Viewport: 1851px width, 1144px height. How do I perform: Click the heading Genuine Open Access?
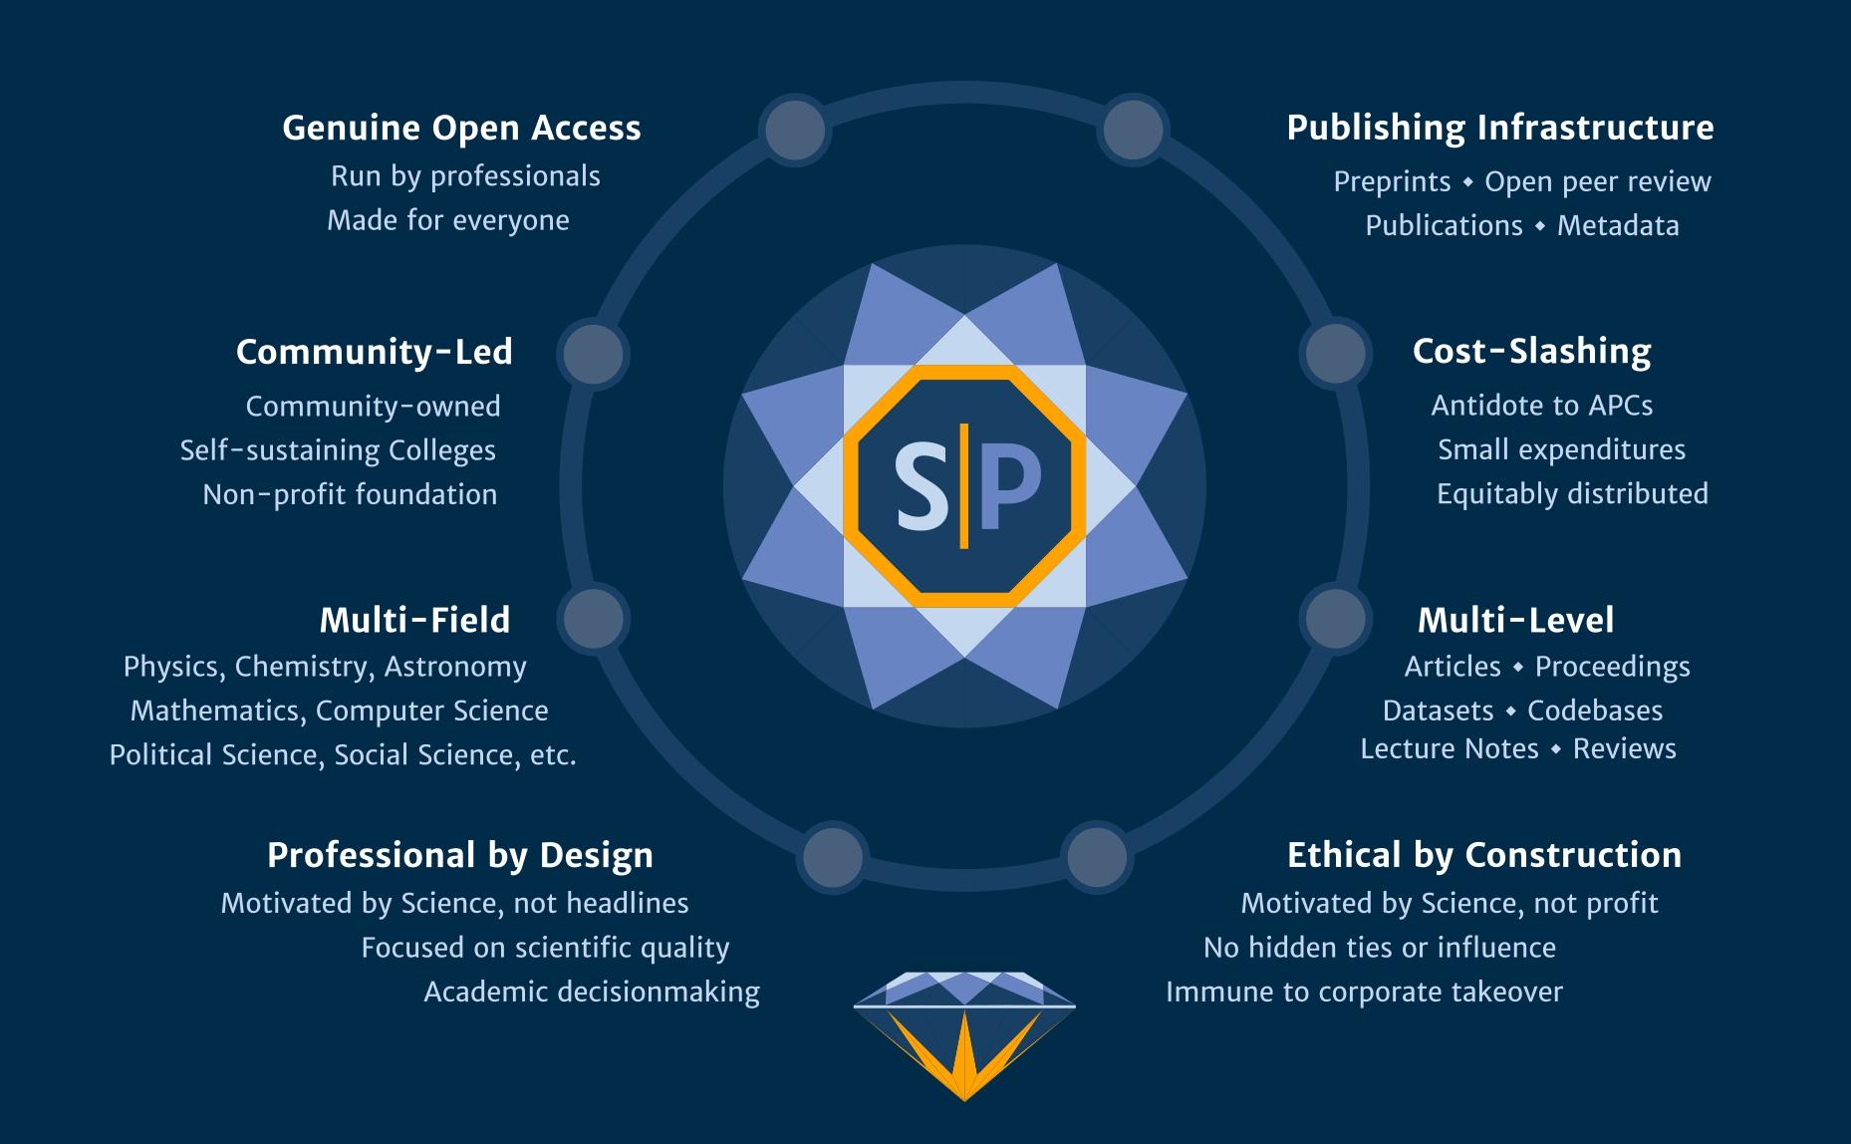tap(461, 129)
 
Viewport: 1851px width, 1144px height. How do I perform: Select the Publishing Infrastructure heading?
tap(1499, 128)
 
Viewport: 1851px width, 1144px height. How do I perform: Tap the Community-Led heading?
tap(374, 352)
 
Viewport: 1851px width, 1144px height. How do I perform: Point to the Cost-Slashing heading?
tap(1531, 352)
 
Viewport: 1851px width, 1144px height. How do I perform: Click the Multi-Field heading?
tap(414, 620)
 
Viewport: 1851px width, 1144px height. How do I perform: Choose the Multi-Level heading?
tap(1515, 620)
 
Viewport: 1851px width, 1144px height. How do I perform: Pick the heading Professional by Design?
tap(460, 855)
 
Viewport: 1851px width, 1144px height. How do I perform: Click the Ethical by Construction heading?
tap(1483, 855)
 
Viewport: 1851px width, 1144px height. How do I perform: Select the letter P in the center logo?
tap(1010, 487)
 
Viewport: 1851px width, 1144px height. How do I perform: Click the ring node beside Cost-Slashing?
tap(1335, 353)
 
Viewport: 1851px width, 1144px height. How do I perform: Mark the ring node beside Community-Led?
tap(594, 354)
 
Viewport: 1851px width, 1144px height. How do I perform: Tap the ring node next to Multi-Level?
tap(1335, 618)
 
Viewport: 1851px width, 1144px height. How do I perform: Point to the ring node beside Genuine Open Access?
tap(795, 130)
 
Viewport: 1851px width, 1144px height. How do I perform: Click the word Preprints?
tap(1392, 182)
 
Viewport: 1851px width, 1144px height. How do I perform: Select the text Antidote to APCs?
tap(1541, 406)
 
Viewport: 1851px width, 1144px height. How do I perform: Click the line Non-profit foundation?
tap(350, 494)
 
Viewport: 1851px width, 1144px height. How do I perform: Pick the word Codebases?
tap(1595, 711)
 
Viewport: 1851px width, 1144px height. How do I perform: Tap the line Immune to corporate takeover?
tap(1364, 993)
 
